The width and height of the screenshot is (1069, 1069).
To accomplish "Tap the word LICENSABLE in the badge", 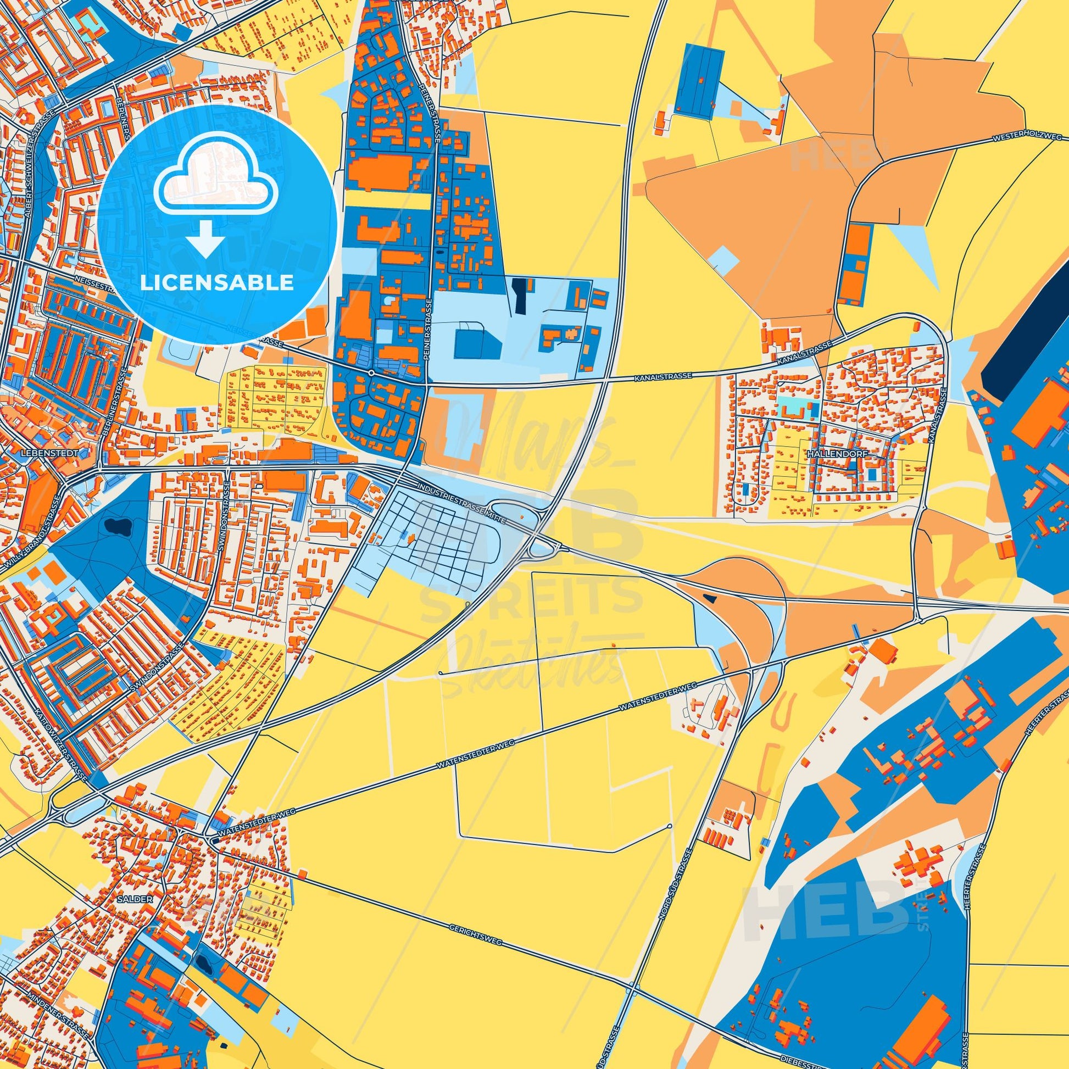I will [217, 283].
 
